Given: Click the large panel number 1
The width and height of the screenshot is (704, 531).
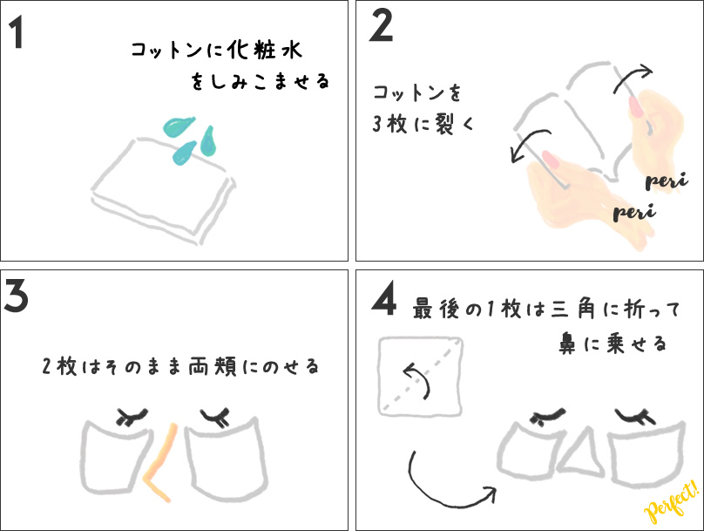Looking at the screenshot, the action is pyautogui.click(x=17, y=32).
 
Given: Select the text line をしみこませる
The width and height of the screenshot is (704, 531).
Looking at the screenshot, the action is pyautogui.click(x=260, y=81).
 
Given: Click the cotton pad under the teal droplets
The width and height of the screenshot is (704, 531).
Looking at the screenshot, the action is pyautogui.click(x=164, y=191).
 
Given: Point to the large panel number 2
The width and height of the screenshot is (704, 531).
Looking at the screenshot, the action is pyautogui.click(x=381, y=26).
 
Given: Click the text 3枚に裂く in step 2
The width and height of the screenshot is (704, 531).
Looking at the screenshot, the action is pyautogui.click(x=423, y=124).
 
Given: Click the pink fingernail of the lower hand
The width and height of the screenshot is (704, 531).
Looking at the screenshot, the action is pyautogui.click(x=550, y=160).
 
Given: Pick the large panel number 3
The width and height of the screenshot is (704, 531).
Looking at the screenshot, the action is pyautogui.click(x=17, y=296).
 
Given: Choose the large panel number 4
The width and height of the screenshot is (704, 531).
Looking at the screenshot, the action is pyautogui.click(x=384, y=298).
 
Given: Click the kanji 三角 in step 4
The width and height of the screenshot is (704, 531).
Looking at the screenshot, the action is pyautogui.click(x=573, y=310).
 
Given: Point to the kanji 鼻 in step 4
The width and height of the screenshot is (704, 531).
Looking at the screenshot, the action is pyautogui.click(x=567, y=344).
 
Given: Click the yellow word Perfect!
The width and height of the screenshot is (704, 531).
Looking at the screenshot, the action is pyautogui.click(x=672, y=502).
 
